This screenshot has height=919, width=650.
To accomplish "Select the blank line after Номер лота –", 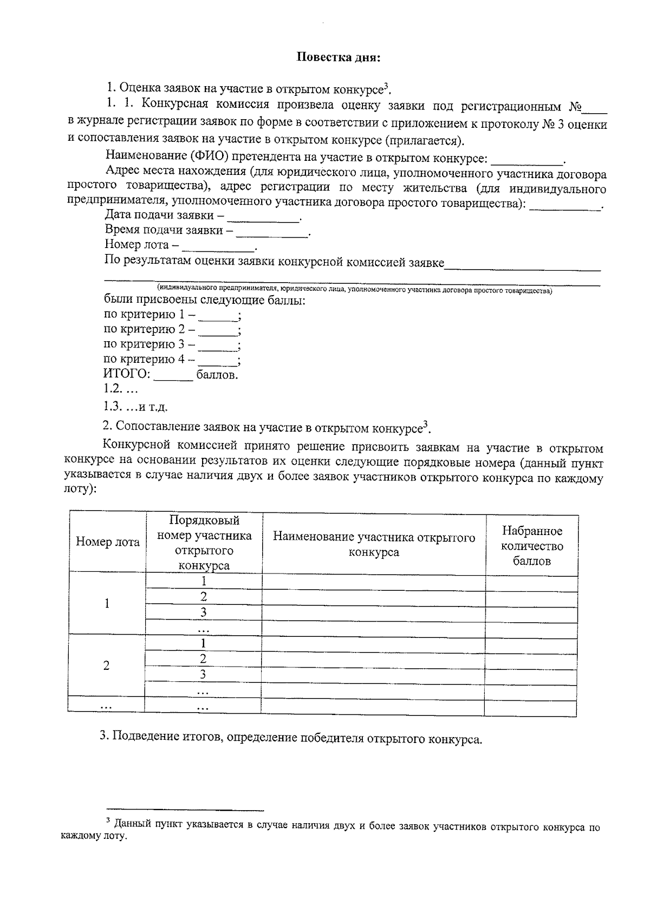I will [219, 247].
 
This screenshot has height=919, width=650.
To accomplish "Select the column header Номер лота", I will [107, 542].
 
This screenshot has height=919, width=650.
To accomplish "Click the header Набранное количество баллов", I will [531, 546].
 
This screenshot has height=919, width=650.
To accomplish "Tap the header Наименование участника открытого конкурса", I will [374, 544].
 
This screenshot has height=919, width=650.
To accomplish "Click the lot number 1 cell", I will [107, 603].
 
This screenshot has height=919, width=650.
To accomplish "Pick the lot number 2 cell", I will [107, 666].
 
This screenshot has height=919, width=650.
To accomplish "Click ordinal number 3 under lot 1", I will [204, 612].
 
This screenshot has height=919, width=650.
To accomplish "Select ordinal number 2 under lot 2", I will [203, 659].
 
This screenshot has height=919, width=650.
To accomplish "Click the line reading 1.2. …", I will [121, 389].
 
